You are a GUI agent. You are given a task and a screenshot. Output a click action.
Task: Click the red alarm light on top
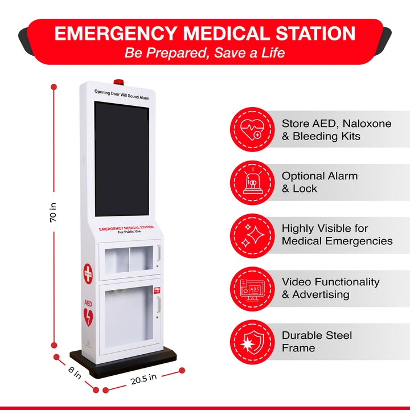pyautogui.click(x=118, y=82)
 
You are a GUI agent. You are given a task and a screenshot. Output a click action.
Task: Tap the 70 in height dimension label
pyautogui.click(x=53, y=212)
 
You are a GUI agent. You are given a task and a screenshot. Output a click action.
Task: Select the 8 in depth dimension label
pyautogui.click(x=75, y=373)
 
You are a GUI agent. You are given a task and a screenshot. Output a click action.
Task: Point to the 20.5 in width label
pyautogui.click(x=144, y=379)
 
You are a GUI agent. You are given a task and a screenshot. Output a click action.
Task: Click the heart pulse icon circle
pyautogui.click(x=252, y=129)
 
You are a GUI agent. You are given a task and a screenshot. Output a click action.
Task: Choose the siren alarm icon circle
pyautogui.click(x=252, y=183)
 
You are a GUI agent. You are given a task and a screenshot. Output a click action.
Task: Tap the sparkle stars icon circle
pyautogui.click(x=252, y=236)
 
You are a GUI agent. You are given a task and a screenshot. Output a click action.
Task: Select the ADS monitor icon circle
pyautogui.click(x=252, y=289)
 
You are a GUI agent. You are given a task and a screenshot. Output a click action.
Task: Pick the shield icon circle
pyautogui.click(x=252, y=342)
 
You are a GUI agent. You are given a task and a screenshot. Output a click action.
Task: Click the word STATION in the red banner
pyautogui.click(x=315, y=34)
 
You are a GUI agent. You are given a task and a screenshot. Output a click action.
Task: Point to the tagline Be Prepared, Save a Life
pyautogui.click(x=204, y=53)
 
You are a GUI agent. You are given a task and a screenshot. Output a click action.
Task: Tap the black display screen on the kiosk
pyautogui.click(x=122, y=159)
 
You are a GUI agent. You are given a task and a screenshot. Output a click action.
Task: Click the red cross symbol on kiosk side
pyautogui.click(x=88, y=273)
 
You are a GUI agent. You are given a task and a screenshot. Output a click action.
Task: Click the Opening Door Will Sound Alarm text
pyautogui.click(x=122, y=95)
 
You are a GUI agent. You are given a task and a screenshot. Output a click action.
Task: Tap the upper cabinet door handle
pyautogui.click(x=158, y=253)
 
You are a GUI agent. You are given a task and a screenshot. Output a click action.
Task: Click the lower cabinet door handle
pyautogui.click(x=158, y=305)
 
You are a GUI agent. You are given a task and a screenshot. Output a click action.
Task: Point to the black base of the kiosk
pyautogui.click(x=123, y=363)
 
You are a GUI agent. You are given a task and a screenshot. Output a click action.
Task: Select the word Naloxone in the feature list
pyautogui.click(x=367, y=124)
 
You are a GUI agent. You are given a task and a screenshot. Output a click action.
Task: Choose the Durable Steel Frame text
pyautogui.click(x=317, y=342)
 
